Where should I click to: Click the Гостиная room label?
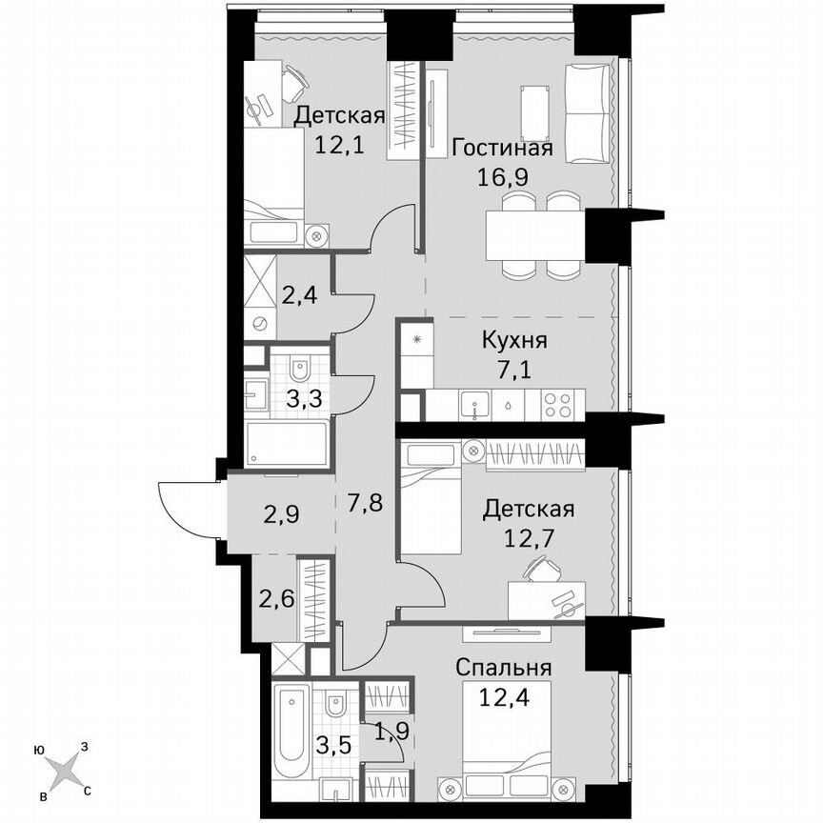502,150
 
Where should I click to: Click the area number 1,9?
388,734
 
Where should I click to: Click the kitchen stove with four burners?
560,404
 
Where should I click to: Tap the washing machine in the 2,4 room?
259,323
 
